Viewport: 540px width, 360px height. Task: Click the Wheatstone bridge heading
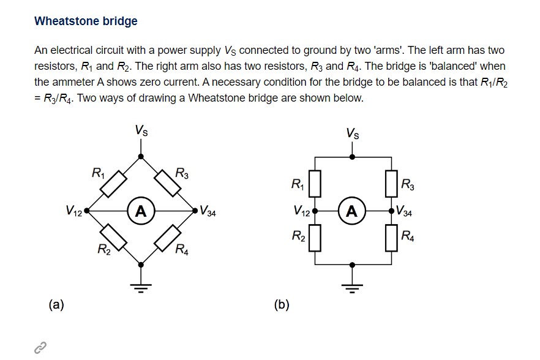[x=86, y=21]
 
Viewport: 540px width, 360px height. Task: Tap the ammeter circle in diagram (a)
[x=141, y=211]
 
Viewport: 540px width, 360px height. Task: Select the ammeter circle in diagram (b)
[x=351, y=211]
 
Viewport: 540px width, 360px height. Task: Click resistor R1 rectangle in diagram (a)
[x=114, y=184]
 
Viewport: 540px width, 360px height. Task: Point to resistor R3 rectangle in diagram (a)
[x=168, y=184]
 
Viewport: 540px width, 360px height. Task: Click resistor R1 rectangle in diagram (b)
[x=315, y=184]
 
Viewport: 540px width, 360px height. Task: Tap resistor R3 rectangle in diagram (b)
[x=389, y=184]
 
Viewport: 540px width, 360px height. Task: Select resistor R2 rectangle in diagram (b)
[x=315, y=238]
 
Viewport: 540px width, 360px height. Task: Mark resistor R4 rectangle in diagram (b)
[x=389, y=238]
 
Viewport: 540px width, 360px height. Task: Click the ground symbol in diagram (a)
[x=141, y=287]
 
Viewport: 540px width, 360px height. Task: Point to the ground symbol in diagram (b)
[x=351, y=287]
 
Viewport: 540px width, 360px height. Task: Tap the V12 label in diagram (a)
[x=74, y=212]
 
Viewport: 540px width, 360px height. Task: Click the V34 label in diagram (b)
[x=404, y=213]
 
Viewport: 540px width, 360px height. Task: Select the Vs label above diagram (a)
[x=141, y=130]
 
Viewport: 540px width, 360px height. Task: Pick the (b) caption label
[x=282, y=304]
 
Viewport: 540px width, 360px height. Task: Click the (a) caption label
[x=56, y=304]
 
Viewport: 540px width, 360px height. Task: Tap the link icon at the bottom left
[x=40, y=348]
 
